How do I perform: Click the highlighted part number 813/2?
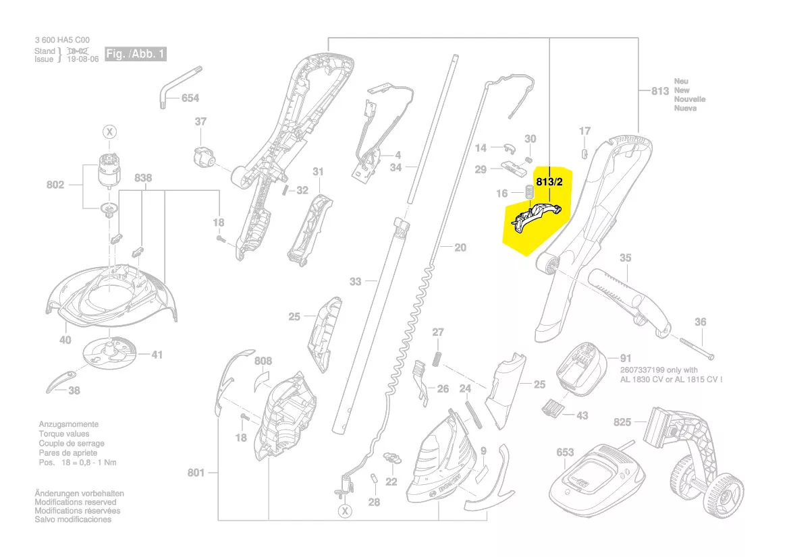coord(550,181)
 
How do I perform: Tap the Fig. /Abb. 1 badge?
coord(135,54)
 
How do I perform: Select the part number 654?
coord(190,98)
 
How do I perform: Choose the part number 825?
coord(622,422)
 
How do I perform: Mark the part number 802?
coord(55,185)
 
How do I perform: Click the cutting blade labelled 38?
coord(61,382)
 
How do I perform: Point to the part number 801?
coord(196,473)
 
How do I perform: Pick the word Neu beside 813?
coord(681,82)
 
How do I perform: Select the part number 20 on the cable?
coord(460,247)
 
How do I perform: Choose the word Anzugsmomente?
coord(68,425)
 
